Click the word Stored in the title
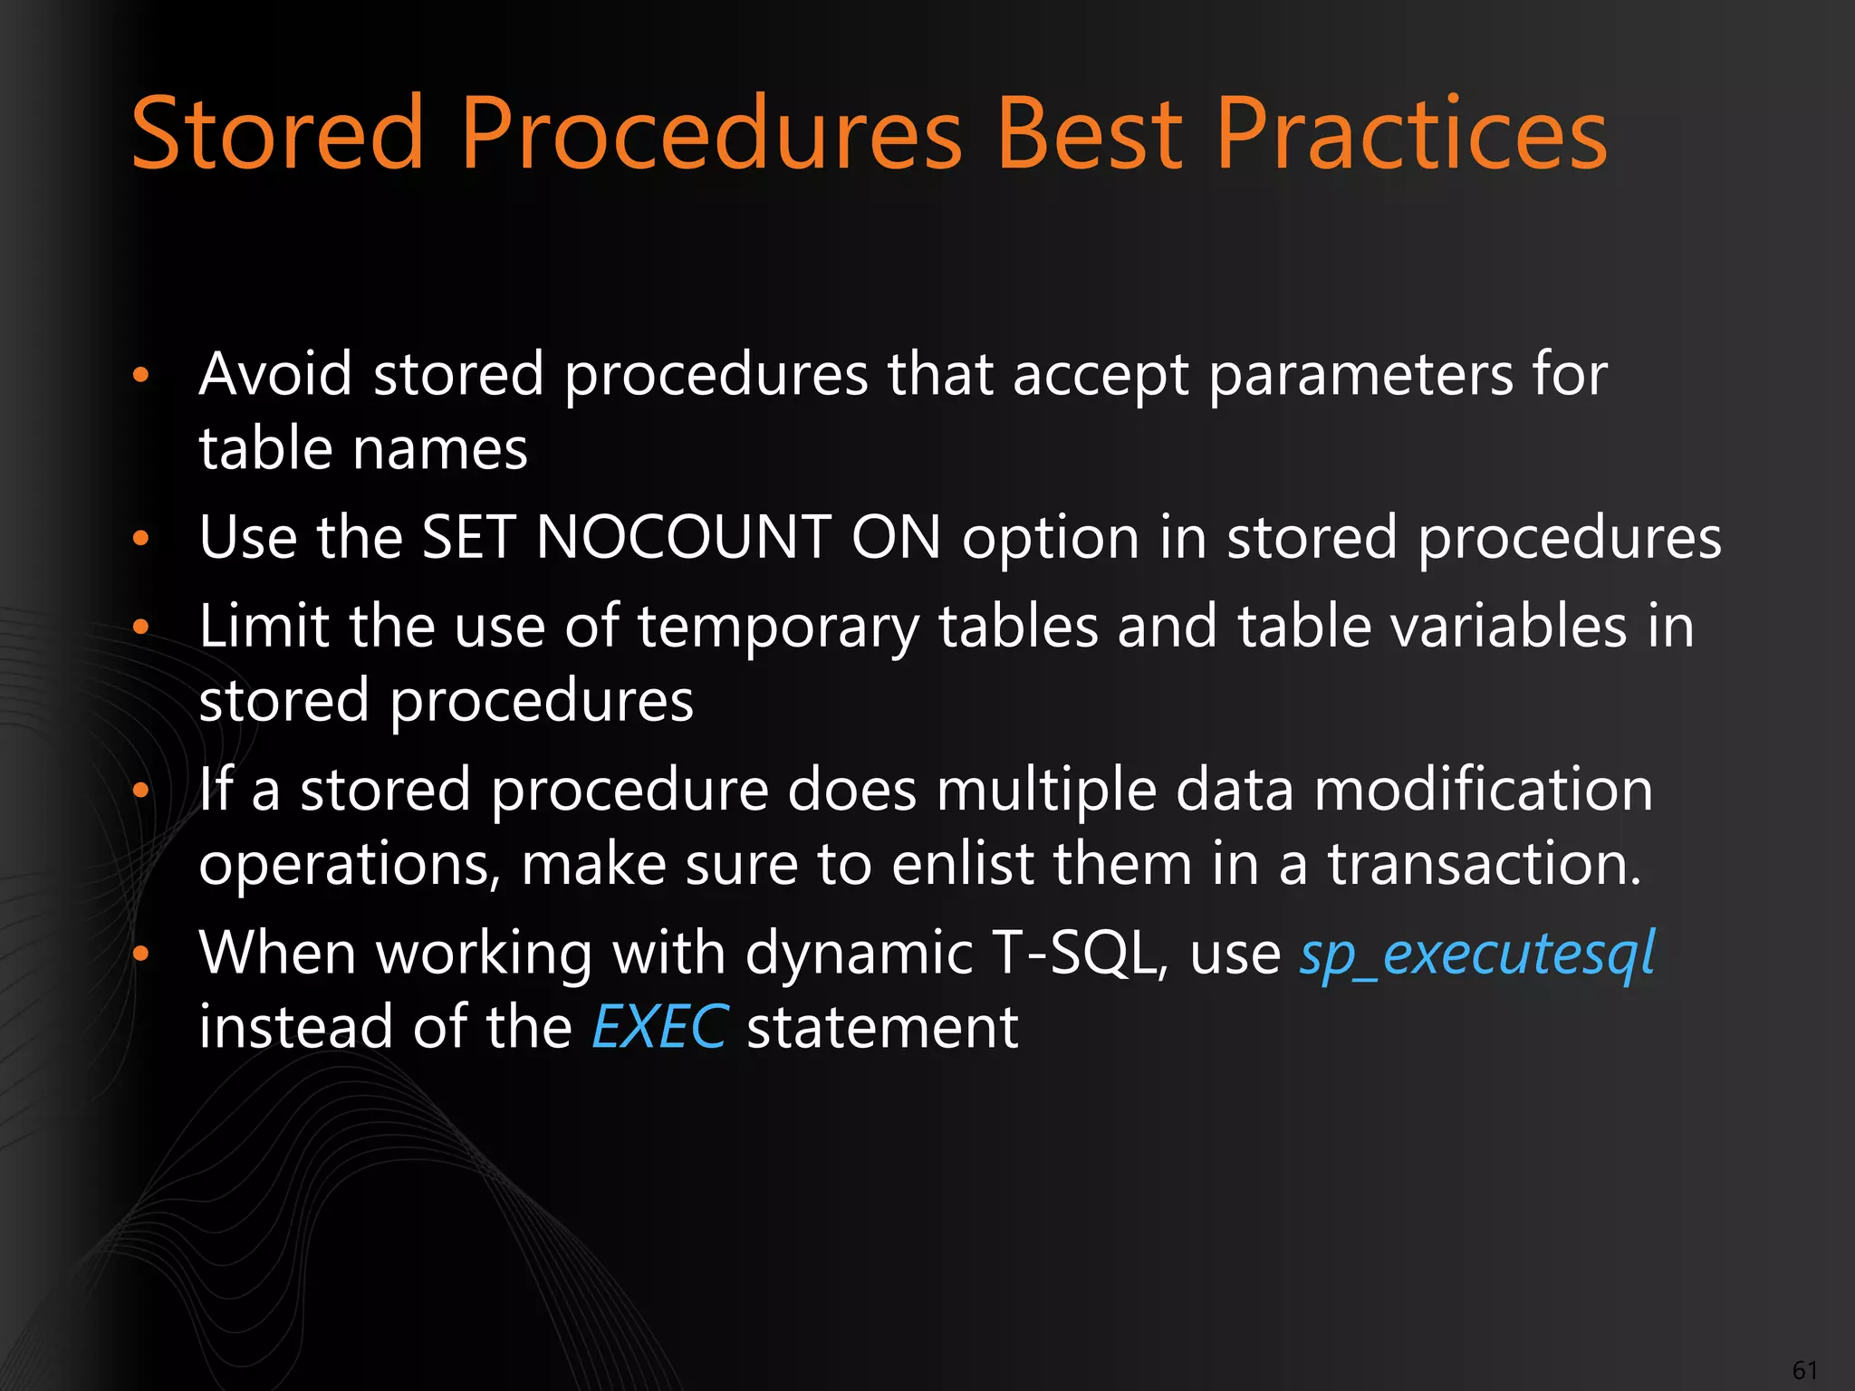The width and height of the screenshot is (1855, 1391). [x=277, y=134]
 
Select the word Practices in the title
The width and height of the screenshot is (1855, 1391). [x=1410, y=134]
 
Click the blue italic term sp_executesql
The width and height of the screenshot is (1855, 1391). [x=1477, y=954]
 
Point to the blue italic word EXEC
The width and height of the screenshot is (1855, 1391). [x=658, y=1027]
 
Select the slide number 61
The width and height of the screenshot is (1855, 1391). [x=1805, y=1369]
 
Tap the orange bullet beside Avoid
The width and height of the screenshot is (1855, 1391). [x=139, y=375]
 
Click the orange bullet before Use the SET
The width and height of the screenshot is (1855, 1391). [x=139, y=539]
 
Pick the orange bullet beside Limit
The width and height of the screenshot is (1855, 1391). [x=139, y=627]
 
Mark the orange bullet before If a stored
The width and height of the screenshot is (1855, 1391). [x=139, y=791]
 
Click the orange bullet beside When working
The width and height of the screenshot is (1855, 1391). [x=139, y=954]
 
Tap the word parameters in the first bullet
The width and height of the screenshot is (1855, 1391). [x=1360, y=375]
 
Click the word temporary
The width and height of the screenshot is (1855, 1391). [x=778, y=627]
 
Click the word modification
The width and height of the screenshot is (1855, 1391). [x=1483, y=789]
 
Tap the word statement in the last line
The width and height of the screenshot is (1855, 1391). [x=882, y=1027]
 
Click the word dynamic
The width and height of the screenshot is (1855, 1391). [x=859, y=954]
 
